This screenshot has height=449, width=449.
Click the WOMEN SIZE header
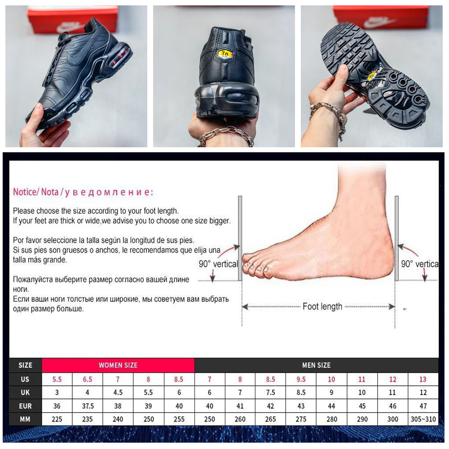click(x=118, y=365)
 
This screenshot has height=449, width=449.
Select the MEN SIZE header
click(x=316, y=365)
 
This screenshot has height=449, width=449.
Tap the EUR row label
click(x=25, y=406)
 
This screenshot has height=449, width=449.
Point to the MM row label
click(x=25, y=419)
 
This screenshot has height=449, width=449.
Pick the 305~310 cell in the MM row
click(x=423, y=419)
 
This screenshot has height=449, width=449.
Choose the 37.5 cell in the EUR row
click(x=88, y=406)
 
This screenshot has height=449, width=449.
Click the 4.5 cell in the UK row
click(x=118, y=392)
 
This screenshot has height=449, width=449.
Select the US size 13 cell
click(x=423, y=379)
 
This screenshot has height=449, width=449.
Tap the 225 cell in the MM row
click(x=57, y=419)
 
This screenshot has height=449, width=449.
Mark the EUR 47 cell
click(x=423, y=406)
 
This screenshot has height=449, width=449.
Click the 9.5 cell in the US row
click(x=301, y=379)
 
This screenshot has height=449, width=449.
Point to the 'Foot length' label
click(x=322, y=306)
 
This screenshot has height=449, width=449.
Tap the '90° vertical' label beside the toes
click(x=218, y=264)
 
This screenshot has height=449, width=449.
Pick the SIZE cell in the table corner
click(x=25, y=365)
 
